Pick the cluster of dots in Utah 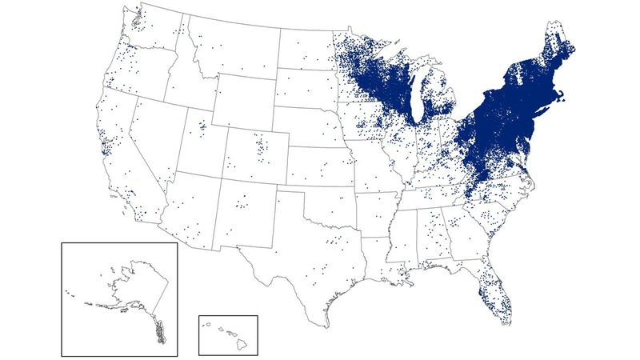[201, 126]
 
